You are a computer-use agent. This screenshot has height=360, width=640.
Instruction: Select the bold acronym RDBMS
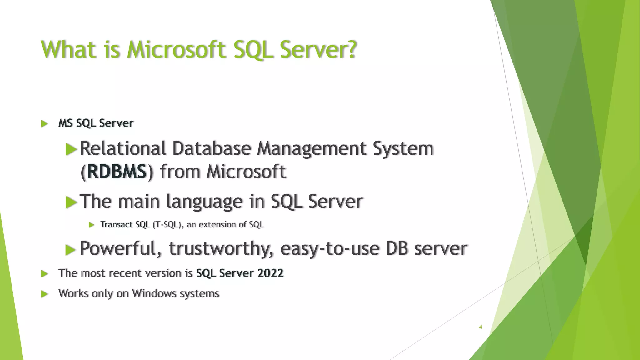click(117, 172)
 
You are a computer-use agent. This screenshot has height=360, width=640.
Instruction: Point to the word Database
click(212, 148)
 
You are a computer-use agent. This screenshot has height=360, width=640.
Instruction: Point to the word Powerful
click(121, 249)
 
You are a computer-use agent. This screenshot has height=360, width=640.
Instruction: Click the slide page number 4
click(480, 327)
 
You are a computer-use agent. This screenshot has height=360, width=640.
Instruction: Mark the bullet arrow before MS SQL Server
click(45, 124)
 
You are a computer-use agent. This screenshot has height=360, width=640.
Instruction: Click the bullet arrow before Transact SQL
click(92, 225)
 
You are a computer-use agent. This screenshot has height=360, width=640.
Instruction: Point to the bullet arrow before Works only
click(45, 294)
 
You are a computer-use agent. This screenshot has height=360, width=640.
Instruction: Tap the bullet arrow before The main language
click(71, 203)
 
